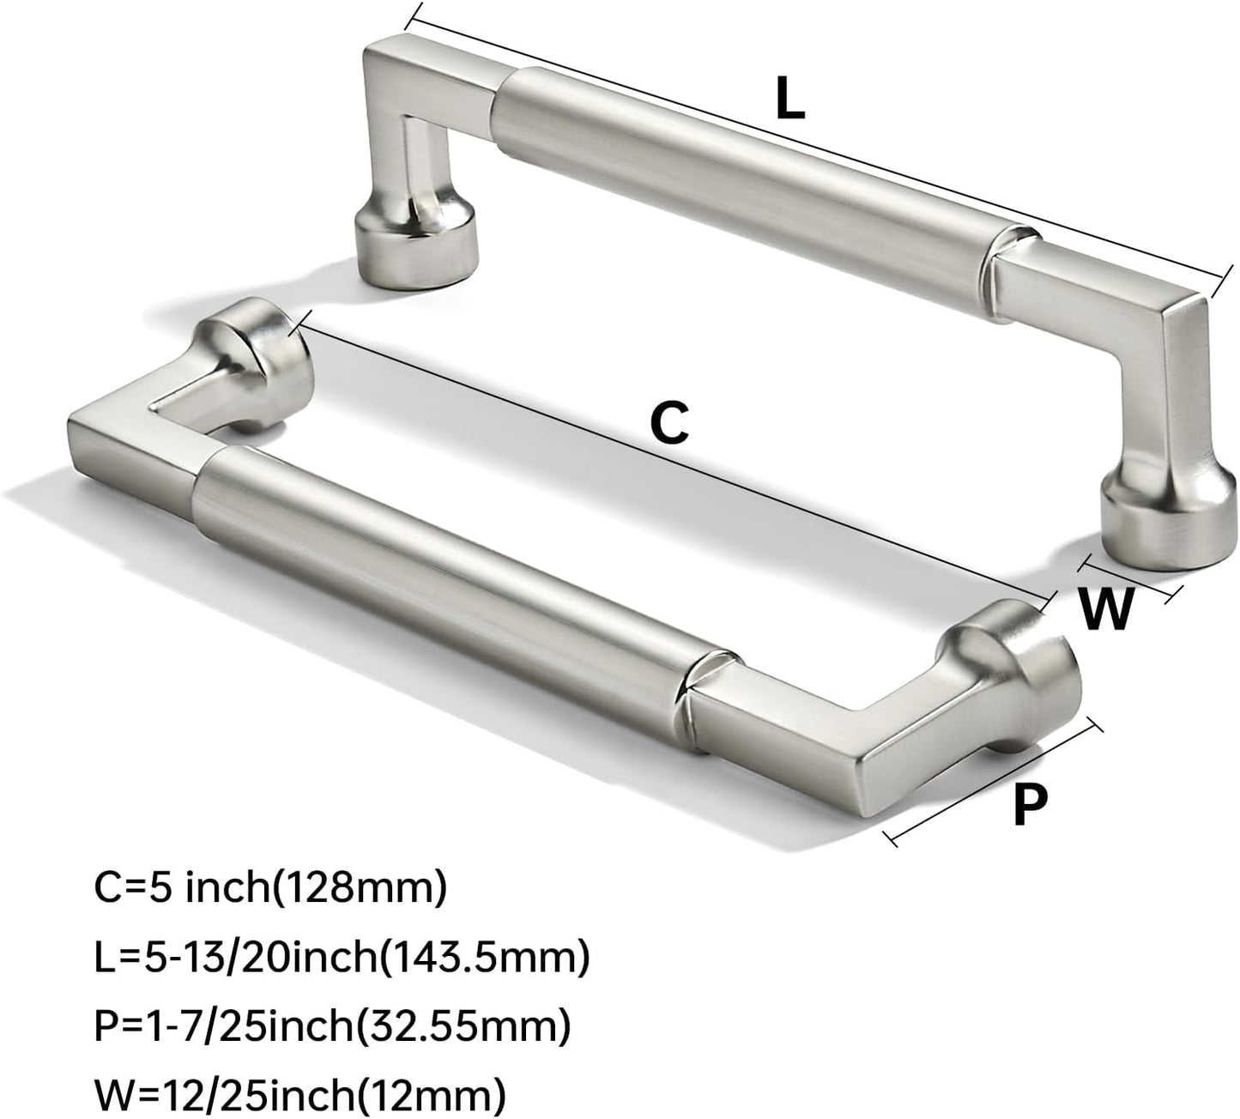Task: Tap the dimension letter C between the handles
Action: click(x=670, y=422)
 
